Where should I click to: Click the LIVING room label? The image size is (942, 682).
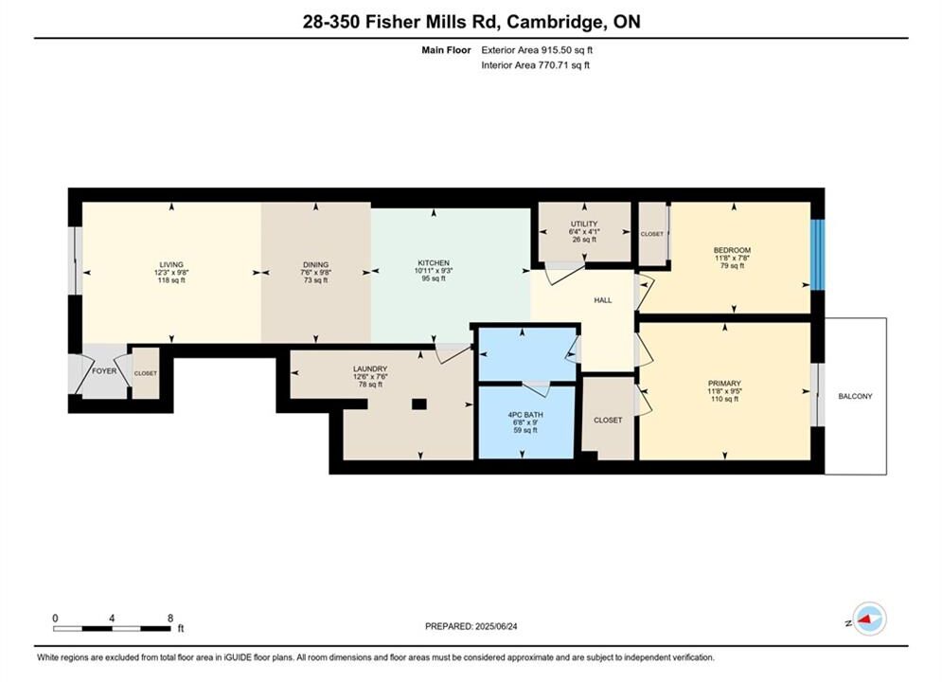pos(171,264)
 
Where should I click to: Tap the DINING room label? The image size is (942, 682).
pos(315,264)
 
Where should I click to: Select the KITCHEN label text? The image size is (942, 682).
pos(434,263)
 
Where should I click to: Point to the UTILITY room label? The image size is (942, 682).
pos(584,224)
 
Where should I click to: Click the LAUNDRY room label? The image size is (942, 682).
pos(370,368)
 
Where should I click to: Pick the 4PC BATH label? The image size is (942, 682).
pos(525,415)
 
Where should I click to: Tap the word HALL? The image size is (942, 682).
pos(602,300)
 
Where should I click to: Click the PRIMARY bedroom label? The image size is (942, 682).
pos(724,384)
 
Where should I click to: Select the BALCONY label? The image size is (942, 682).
pos(855,397)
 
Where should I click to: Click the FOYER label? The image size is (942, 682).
pos(104,371)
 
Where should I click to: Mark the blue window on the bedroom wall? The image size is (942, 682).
pos(818,255)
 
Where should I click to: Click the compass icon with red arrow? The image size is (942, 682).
pos(869,619)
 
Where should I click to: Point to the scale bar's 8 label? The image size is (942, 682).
pos(170,618)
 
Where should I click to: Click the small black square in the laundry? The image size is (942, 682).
pos(418,404)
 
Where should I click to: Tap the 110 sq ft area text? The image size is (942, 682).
pos(724,399)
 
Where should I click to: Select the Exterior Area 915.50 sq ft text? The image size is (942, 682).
pos(537,50)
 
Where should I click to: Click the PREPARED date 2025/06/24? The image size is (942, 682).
pos(496,626)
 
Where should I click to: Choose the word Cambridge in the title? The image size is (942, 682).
pos(556,22)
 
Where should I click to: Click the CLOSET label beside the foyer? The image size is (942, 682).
pos(146,373)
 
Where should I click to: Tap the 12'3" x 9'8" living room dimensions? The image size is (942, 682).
pos(171,272)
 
